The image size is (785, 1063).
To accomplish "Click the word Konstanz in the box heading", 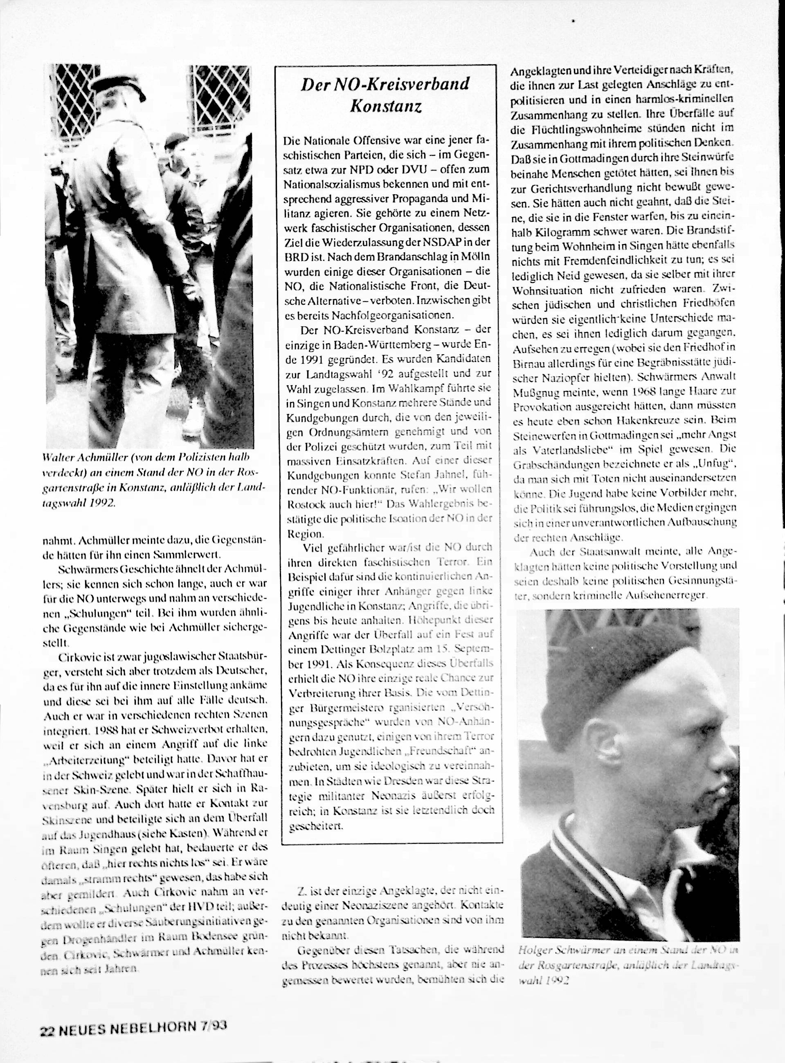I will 385,106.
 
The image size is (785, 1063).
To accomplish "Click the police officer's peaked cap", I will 117,88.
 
